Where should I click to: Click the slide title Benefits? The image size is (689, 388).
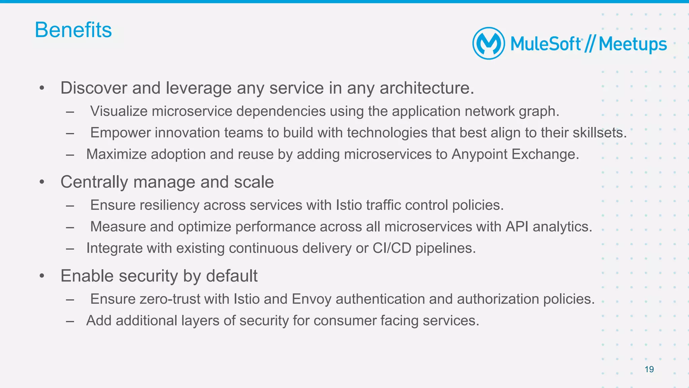coord(73,30)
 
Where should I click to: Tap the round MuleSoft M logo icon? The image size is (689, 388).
coord(488,43)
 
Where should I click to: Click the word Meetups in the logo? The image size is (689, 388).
coord(632,44)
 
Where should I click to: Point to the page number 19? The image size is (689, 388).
coord(649,369)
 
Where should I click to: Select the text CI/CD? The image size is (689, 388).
coord(392,248)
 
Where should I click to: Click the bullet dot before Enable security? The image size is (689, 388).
coord(42,276)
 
